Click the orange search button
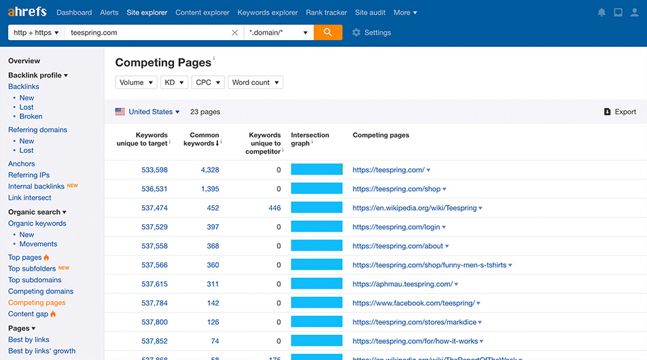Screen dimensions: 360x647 click(x=328, y=33)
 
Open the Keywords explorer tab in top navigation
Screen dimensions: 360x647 click(x=268, y=12)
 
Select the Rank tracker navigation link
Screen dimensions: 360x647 click(x=326, y=12)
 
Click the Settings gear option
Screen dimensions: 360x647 click(x=371, y=33)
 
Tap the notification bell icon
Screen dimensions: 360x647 click(x=601, y=13)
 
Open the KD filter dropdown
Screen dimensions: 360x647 click(x=173, y=82)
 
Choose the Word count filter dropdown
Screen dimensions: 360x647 click(x=255, y=82)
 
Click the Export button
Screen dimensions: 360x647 click(x=620, y=112)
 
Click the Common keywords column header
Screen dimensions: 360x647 click(x=204, y=139)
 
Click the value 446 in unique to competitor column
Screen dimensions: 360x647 click(x=274, y=208)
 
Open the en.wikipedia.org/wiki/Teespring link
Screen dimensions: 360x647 click(x=414, y=208)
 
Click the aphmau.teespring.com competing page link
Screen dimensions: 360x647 click(x=402, y=284)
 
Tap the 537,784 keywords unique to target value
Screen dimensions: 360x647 click(x=154, y=303)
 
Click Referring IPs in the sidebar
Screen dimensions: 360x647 click(x=29, y=175)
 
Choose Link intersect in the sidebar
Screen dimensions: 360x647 click(x=29, y=198)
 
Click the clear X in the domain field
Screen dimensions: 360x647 click(x=234, y=33)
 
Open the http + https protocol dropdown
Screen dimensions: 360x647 click(x=36, y=33)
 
